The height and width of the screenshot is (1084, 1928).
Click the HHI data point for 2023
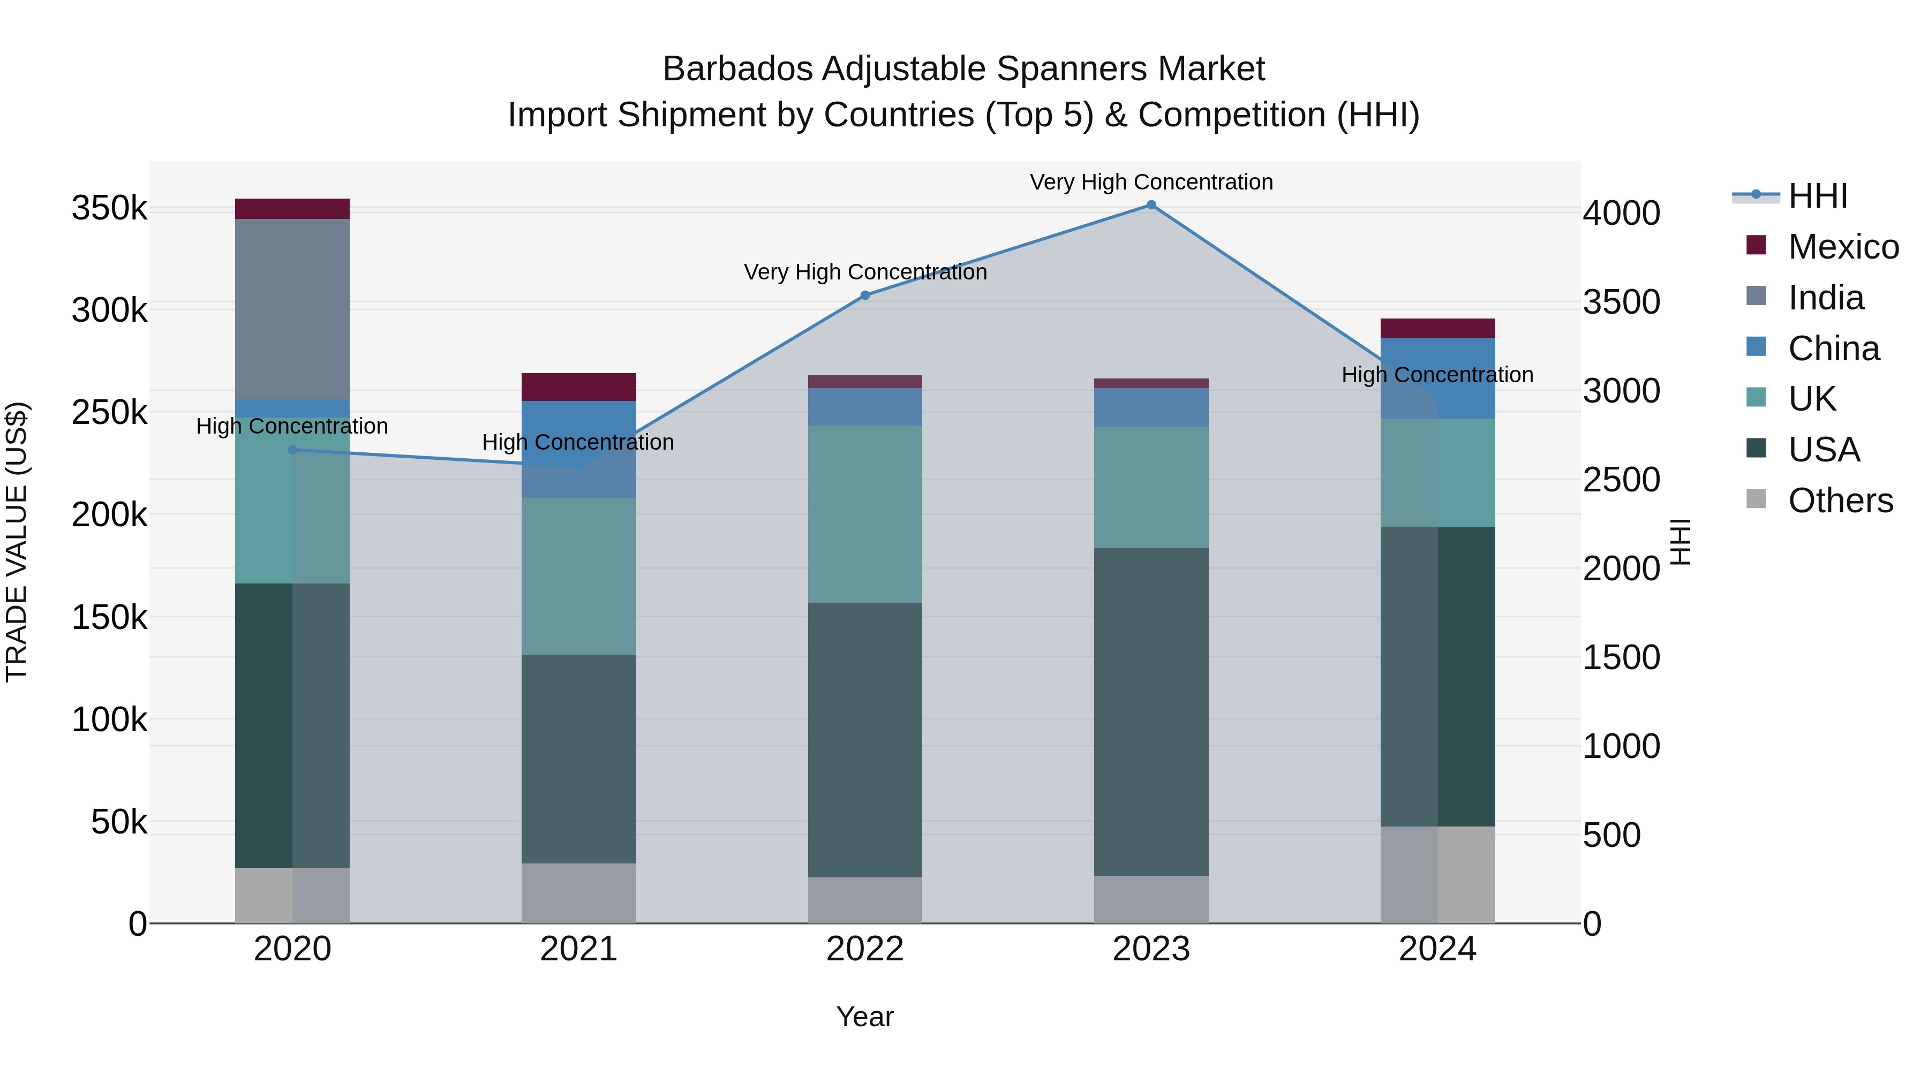coord(1151,205)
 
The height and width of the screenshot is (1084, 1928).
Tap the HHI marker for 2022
coord(865,295)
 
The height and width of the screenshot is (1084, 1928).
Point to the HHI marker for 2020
coord(292,450)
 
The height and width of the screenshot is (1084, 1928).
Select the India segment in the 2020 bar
coord(292,309)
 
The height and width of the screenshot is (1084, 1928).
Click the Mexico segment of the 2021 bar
coord(578,387)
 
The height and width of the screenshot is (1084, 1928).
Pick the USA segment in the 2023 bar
coord(1151,711)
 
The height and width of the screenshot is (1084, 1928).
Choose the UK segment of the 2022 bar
coord(865,514)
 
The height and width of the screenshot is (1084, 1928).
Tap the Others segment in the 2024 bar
coord(1438,875)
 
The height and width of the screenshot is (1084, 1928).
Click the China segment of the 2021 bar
coord(578,449)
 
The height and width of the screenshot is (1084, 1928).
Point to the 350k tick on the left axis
coord(109,208)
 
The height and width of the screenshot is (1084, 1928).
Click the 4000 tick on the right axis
coord(1621,213)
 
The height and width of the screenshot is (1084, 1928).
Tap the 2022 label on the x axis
coord(865,949)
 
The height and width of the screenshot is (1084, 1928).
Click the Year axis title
coord(865,1017)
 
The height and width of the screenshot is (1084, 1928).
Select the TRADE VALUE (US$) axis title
coord(17,542)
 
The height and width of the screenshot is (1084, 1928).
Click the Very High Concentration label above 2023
coord(1151,182)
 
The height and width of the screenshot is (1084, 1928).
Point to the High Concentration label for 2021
coord(578,442)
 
